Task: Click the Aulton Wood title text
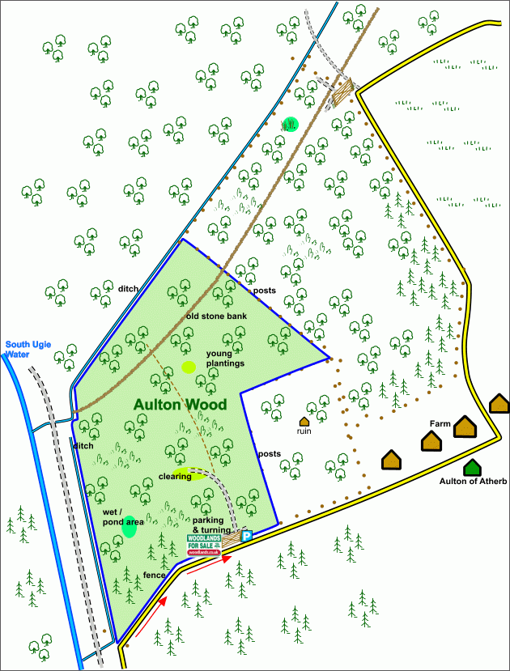[x=180, y=404]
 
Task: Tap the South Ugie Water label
[x=28, y=350]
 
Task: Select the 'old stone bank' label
[x=215, y=316]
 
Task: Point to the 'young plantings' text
[x=225, y=359]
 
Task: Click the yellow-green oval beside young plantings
[x=189, y=367]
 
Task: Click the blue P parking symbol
[x=248, y=535]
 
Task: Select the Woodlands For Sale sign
[x=204, y=543]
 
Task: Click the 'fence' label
[x=155, y=575]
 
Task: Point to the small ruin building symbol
[x=304, y=421]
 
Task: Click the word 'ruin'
[x=304, y=431]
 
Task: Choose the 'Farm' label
[x=440, y=423]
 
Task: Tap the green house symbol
[x=472, y=467]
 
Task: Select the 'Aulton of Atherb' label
[x=474, y=482]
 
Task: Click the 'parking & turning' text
[x=213, y=524]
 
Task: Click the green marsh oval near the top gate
[x=290, y=124]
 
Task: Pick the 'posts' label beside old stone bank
[x=264, y=291]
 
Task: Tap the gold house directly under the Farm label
[x=431, y=441]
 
